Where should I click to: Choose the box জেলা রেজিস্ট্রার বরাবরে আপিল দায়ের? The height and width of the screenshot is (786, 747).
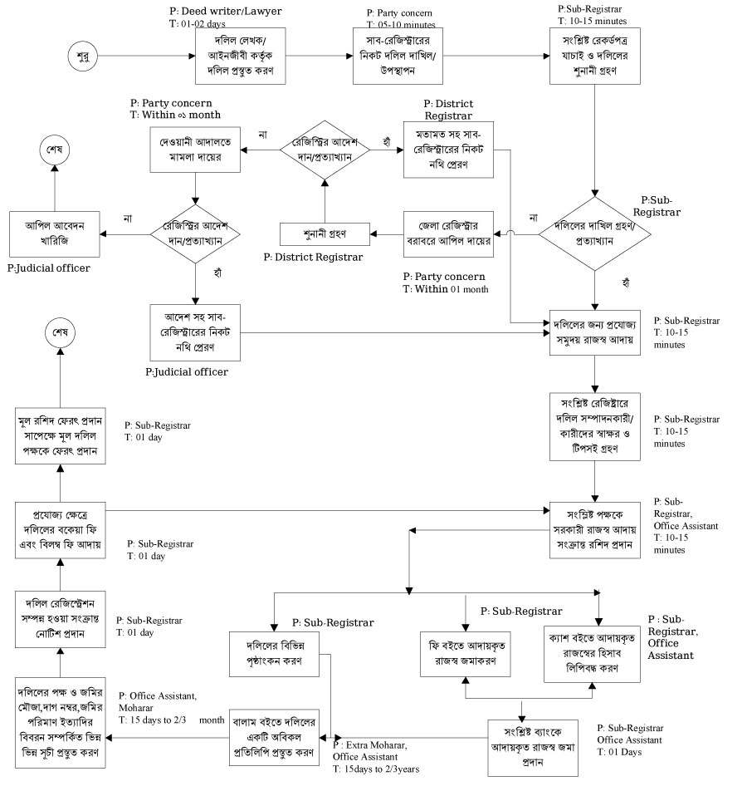(x=448, y=234)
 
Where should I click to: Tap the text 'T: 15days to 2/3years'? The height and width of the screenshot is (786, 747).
(x=376, y=769)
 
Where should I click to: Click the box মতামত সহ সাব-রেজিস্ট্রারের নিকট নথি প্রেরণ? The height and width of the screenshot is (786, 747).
(x=448, y=150)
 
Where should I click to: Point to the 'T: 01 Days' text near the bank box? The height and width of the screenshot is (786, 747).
(x=618, y=751)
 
